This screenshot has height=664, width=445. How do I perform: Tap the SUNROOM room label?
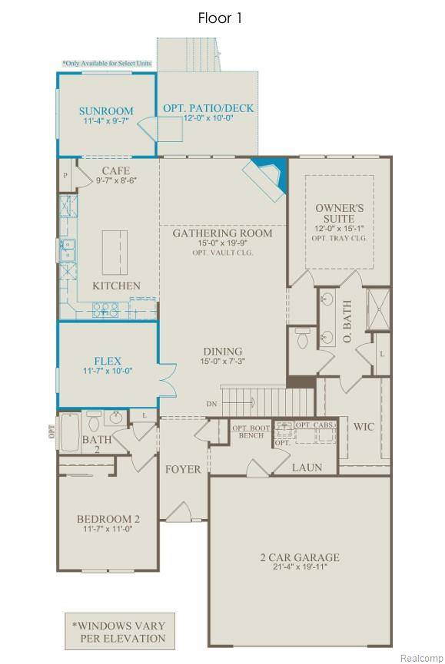click(x=106, y=111)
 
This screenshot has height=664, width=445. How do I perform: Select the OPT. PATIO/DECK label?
click(x=208, y=109)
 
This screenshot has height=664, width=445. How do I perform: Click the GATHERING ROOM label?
click(x=222, y=233)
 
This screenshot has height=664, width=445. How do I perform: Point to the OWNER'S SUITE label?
click(x=339, y=213)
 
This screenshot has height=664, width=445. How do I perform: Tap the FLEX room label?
click(x=108, y=360)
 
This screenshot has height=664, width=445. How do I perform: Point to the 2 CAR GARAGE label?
click(x=299, y=557)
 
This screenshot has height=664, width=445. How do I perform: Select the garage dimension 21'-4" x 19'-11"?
click(x=299, y=569)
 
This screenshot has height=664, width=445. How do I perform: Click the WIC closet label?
click(x=363, y=427)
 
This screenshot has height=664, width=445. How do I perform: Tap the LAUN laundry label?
click(x=306, y=467)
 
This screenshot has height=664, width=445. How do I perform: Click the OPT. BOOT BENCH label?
click(x=251, y=431)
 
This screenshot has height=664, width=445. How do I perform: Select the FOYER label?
click(x=183, y=469)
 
